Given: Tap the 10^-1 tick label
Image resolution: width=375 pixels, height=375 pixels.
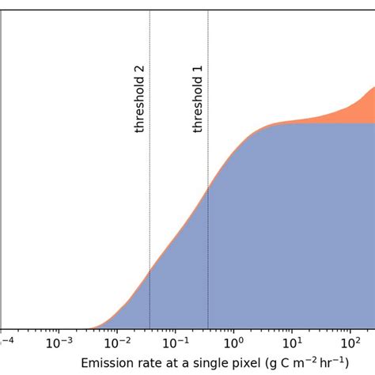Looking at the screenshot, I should tap(175, 343).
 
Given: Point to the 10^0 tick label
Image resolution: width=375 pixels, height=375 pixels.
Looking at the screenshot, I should tap(233, 343).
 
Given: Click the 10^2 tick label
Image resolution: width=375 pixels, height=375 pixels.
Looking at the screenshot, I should tap(350, 343).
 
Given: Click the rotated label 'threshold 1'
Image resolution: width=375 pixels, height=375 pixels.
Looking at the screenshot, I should tap(199, 99).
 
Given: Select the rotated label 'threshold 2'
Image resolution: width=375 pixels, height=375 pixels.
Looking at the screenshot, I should tap(140, 99).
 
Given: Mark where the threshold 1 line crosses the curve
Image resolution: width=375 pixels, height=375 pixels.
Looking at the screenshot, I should tap(208, 187).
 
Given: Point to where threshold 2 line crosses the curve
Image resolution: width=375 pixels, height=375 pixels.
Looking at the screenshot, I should tap(150, 273).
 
